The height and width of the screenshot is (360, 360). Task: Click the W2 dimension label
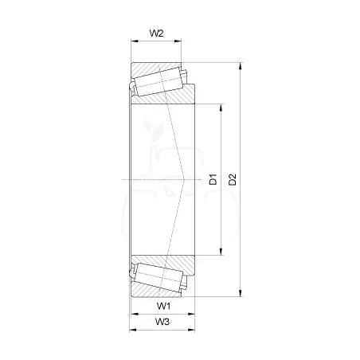(156, 33)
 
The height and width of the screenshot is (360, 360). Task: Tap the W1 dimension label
(163, 306)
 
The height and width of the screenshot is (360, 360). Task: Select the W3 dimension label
(162, 322)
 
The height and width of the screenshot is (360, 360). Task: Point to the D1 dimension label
(213, 179)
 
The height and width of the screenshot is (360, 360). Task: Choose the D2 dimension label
(233, 179)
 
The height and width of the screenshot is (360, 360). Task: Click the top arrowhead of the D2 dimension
(241, 66)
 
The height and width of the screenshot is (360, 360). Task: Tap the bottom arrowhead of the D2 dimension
(241, 293)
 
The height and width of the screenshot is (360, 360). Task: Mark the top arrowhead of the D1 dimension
(221, 108)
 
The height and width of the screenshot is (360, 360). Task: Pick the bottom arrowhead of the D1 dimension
(221, 252)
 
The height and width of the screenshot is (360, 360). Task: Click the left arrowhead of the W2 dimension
(135, 41)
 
